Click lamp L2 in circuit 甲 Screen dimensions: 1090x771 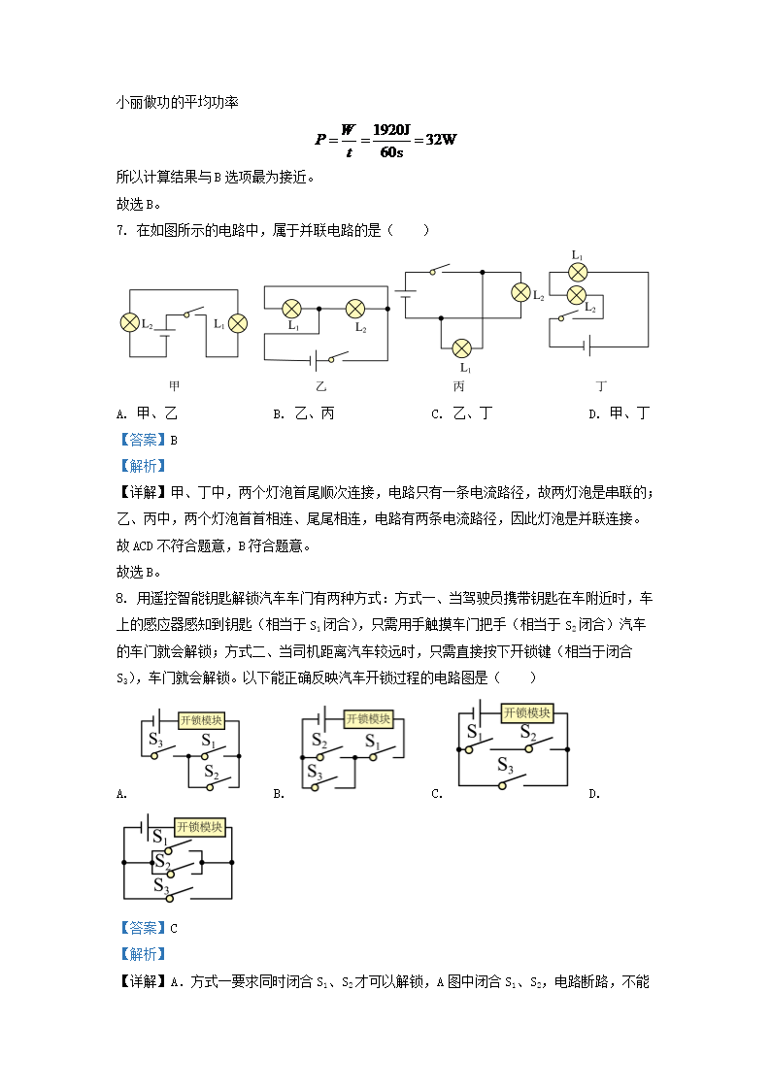tap(127, 323)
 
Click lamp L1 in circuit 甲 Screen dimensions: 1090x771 tap(238, 323)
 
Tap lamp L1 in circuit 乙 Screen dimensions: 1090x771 tap(291, 309)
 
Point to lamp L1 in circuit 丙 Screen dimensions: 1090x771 tap(463, 347)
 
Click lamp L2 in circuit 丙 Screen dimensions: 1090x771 tap(520, 292)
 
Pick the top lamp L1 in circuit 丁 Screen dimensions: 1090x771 tap(577, 270)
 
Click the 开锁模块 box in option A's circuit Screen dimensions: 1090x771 tap(201, 720)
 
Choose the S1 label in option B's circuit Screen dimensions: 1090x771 tap(373, 742)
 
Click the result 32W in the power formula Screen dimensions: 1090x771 tap(440, 139)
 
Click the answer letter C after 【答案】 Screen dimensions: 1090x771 tap(174, 928)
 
